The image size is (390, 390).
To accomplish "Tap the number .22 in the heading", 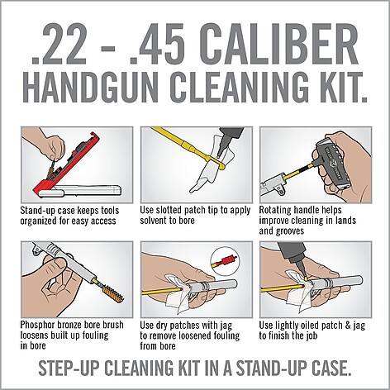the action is (x=59, y=45).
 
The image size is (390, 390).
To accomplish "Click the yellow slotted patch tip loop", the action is (x=219, y=163).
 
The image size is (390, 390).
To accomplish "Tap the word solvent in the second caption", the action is (x=155, y=221).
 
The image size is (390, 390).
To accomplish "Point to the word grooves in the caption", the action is (x=288, y=231).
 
